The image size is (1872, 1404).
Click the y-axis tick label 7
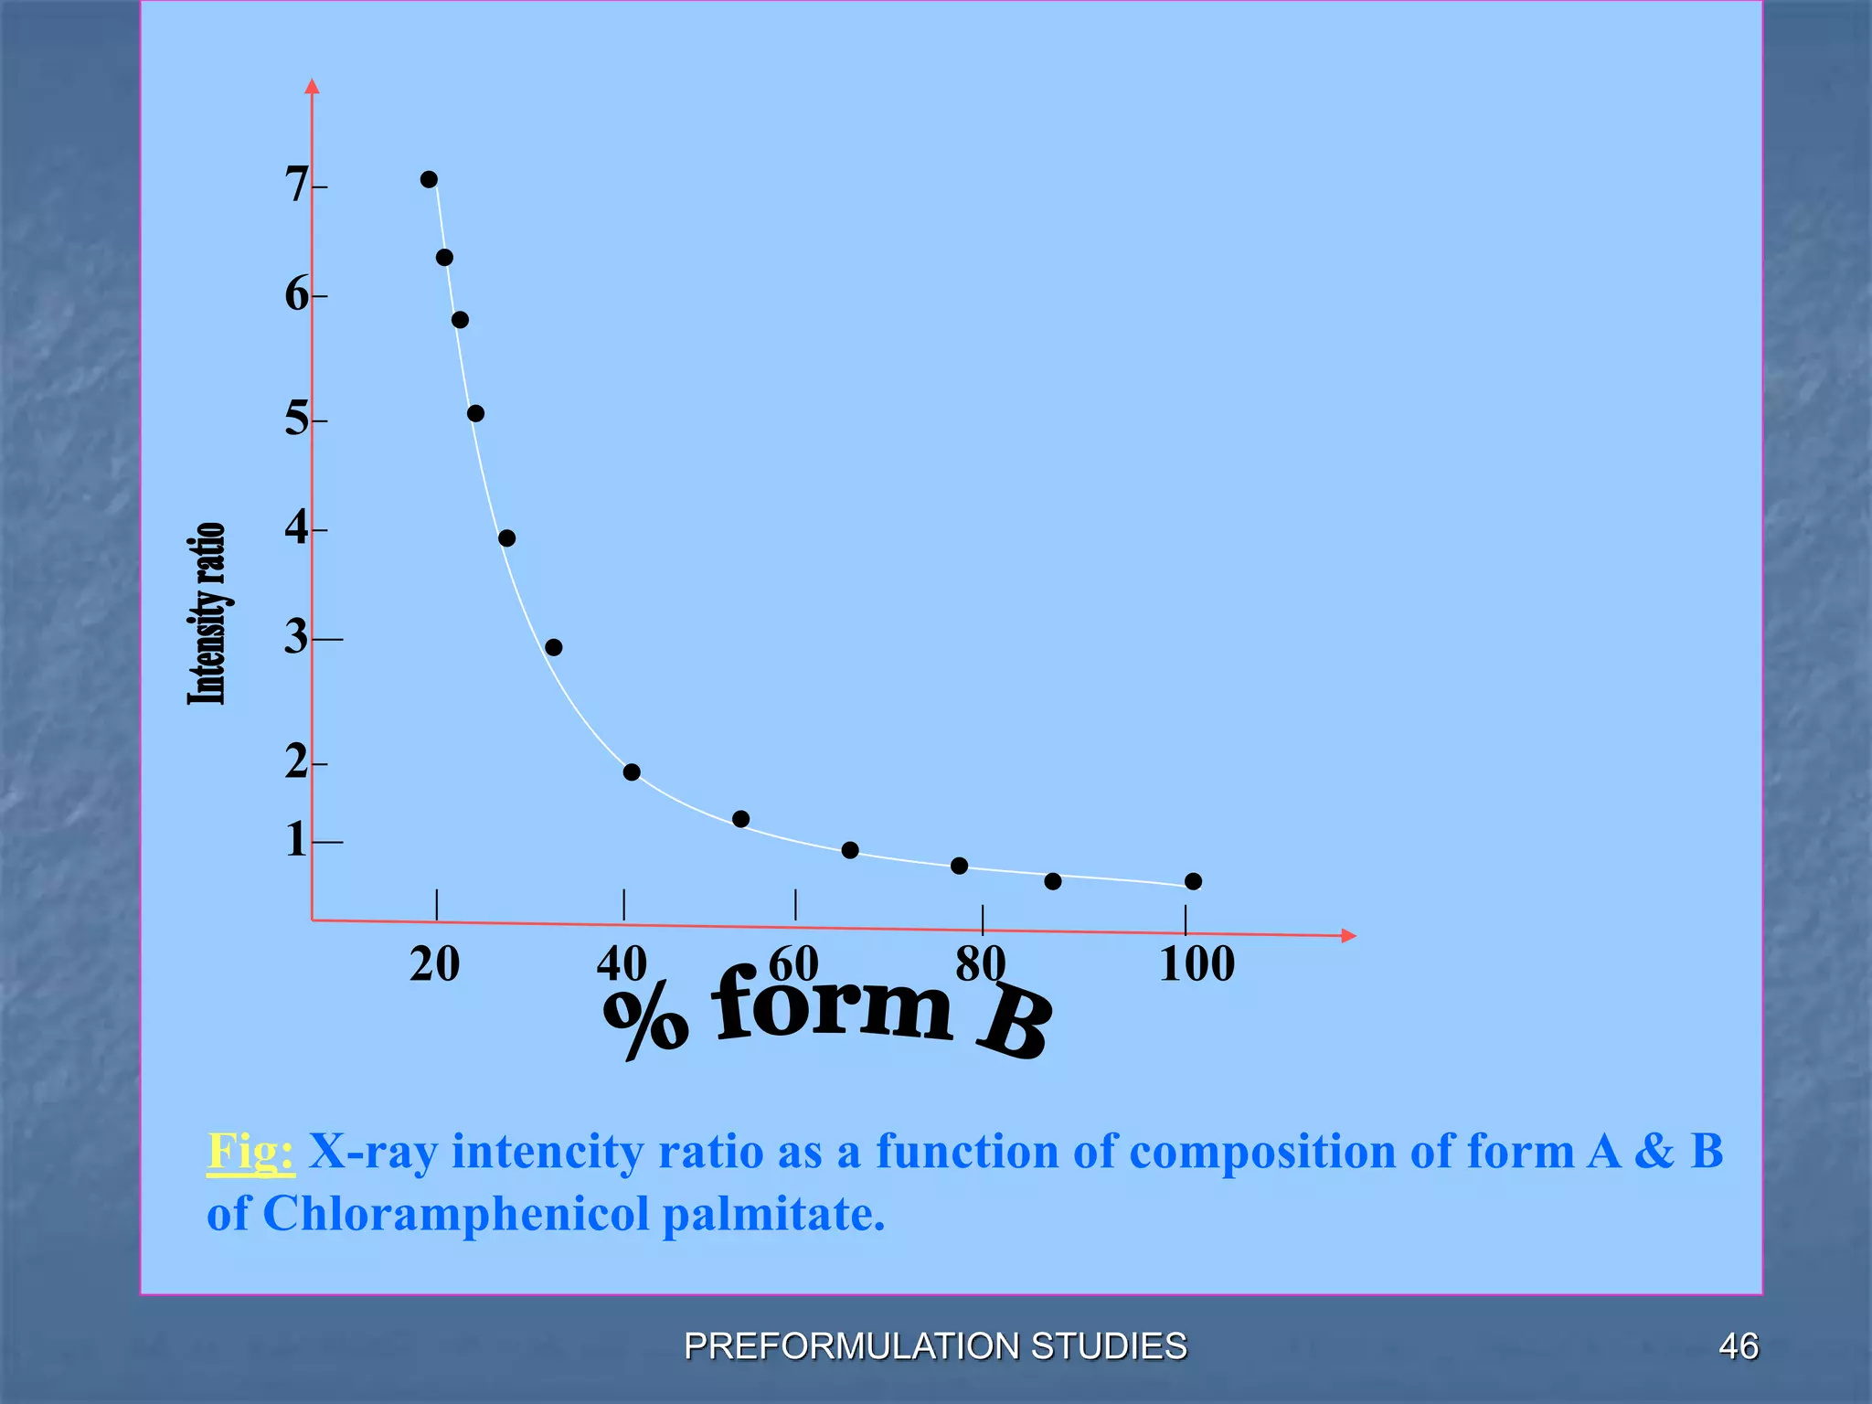tap(296, 186)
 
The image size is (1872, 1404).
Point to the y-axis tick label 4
tap(296, 527)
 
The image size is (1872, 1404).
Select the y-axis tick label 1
tap(295, 840)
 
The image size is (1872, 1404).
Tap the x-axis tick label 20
tap(435, 964)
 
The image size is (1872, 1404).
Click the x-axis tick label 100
tap(1197, 964)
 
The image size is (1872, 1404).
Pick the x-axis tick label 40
tap(622, 964)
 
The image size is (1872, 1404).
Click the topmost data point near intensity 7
tap(429, 179)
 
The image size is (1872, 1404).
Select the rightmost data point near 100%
tap(1193, 881)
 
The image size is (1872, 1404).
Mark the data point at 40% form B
tap(632, 772)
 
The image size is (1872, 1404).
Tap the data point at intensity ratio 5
tap(475, 413)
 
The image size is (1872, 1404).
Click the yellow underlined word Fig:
tap(250, 1152)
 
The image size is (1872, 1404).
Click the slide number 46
tap(1738, 1346)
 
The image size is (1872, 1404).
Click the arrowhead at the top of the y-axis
tap(312, 87)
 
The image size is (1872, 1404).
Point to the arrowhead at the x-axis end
tap(1348, 935)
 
